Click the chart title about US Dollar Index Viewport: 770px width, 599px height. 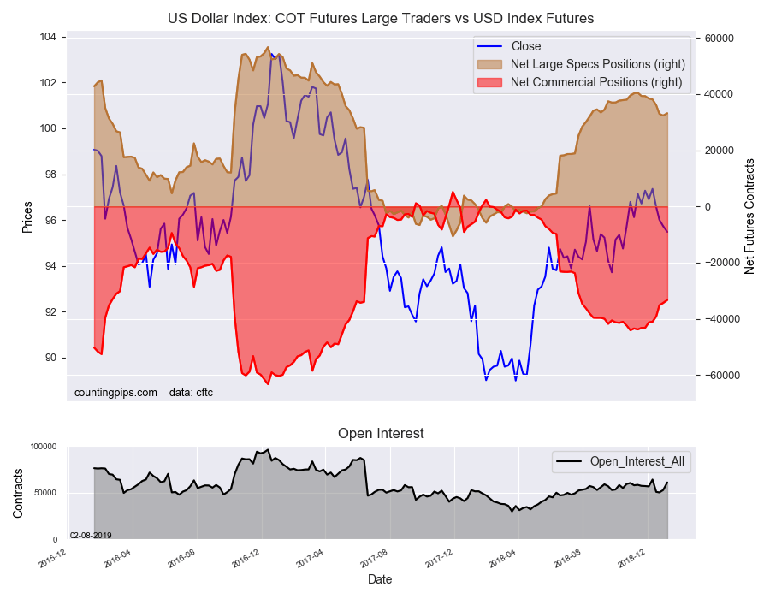[x=382, y=18]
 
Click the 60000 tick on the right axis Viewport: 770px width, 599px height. [x=720, y=39]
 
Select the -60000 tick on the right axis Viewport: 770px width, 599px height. [x=722, y=376]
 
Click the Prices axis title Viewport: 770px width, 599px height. [x=27, y=218]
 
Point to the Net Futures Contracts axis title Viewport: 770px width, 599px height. [x=749, y=216]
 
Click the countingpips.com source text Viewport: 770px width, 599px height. [x=115, y=393]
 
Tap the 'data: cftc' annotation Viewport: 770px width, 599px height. [x=192, y=393]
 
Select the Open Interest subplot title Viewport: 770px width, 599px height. [x=381, y=434]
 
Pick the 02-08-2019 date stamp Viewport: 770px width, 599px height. [x=91, y=535]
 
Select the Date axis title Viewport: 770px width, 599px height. [x=380, y=579]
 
